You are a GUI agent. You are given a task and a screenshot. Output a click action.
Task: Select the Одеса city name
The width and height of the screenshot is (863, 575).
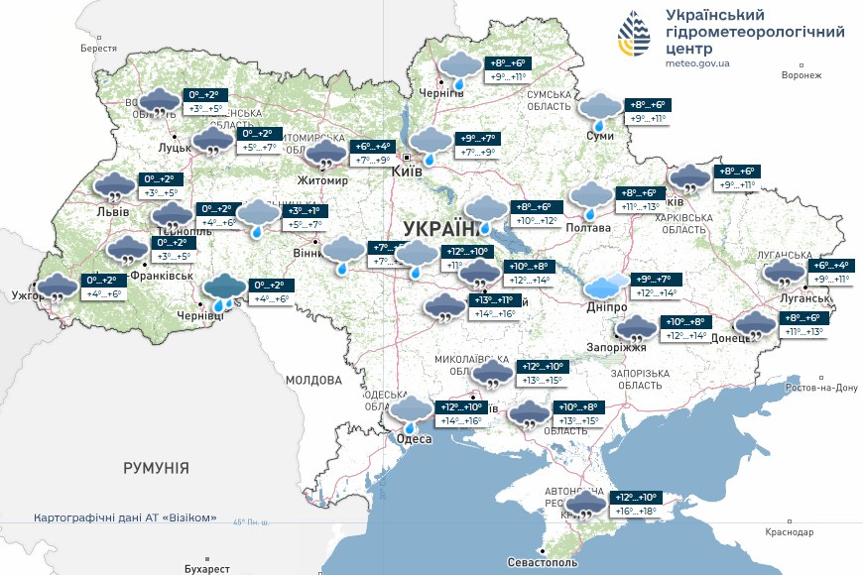click(413, 439)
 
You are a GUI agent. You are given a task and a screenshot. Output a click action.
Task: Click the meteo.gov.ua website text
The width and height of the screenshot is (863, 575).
click(698, 63)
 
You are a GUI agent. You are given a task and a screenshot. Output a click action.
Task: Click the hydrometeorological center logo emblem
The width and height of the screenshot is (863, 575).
click(635, 38)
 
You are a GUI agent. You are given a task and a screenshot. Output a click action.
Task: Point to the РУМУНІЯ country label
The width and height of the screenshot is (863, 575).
click(156, 466)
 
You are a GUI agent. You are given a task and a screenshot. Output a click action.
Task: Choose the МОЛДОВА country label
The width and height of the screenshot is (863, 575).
click(313, 380)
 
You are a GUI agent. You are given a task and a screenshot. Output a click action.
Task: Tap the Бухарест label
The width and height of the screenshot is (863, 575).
click(206, 569)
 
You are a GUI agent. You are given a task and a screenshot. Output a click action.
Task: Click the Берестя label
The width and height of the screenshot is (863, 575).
click(98, 49)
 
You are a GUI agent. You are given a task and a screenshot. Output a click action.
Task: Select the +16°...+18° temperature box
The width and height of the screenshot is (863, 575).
click(636, 512)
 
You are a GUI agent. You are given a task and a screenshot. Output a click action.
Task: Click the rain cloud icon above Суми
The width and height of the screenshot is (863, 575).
click(600, 109)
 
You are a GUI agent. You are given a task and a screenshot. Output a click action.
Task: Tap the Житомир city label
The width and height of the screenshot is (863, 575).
click(323, 181)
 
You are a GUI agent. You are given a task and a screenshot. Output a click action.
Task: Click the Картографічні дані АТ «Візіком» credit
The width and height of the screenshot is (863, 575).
click(125, 518)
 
